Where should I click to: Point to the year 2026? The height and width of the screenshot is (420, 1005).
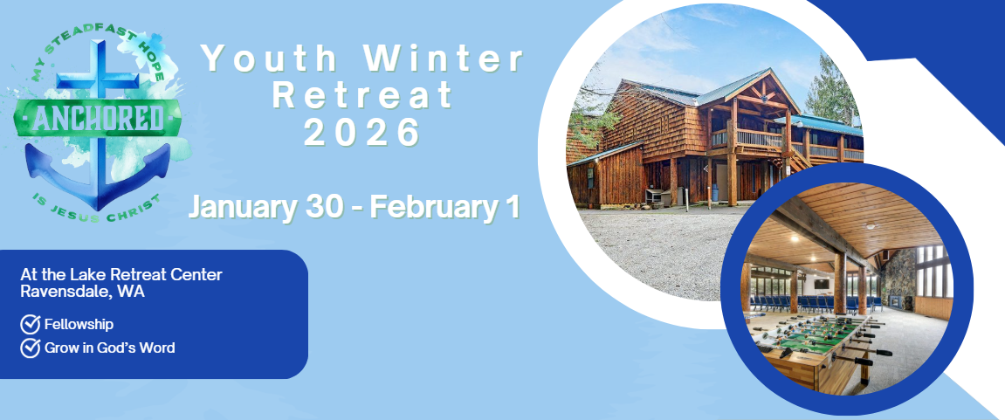pyautogui.click(x=362, y=133)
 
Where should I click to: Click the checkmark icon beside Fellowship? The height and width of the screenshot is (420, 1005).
pyautogui.click(x=31, y=325)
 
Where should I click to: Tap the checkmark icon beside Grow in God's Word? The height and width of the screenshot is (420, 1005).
pyautogui.click(x=31, y=348)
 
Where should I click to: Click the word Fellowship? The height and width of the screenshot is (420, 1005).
pyautogui.click(x=79, y=325)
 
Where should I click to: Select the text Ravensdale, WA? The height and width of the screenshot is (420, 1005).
pyautogui.click(x=83, y=292)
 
